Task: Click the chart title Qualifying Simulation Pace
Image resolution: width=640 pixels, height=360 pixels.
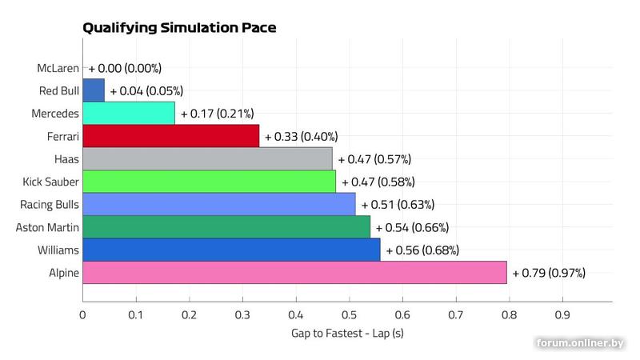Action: coord(179,28)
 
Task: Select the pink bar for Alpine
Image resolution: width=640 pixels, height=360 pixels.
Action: coord(294,273)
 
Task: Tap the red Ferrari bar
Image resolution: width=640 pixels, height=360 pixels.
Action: coord(170,136)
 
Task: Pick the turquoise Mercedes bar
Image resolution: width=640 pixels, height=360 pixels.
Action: coord(128,114)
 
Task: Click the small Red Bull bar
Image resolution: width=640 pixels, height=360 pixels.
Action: coord(94,90)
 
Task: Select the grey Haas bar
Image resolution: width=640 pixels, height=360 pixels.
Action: coord(207,159)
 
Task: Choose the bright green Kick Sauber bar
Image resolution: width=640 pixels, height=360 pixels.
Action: coord(209,182)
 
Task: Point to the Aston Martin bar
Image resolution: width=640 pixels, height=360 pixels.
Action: coord(226,227)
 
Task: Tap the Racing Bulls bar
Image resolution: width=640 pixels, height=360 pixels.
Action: coord(218,205)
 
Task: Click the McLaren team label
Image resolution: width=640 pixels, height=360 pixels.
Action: coord(58,69)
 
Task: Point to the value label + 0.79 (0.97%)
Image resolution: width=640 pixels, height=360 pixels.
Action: coord(549,274)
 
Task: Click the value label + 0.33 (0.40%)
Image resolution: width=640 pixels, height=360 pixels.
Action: coord(301,137)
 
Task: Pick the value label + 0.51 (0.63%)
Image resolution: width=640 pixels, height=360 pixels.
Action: coord(398,205)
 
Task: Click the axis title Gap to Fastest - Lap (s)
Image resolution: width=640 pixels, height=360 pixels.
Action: coord(347,333)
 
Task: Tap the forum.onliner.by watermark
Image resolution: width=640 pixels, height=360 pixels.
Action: coord(580,342)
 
